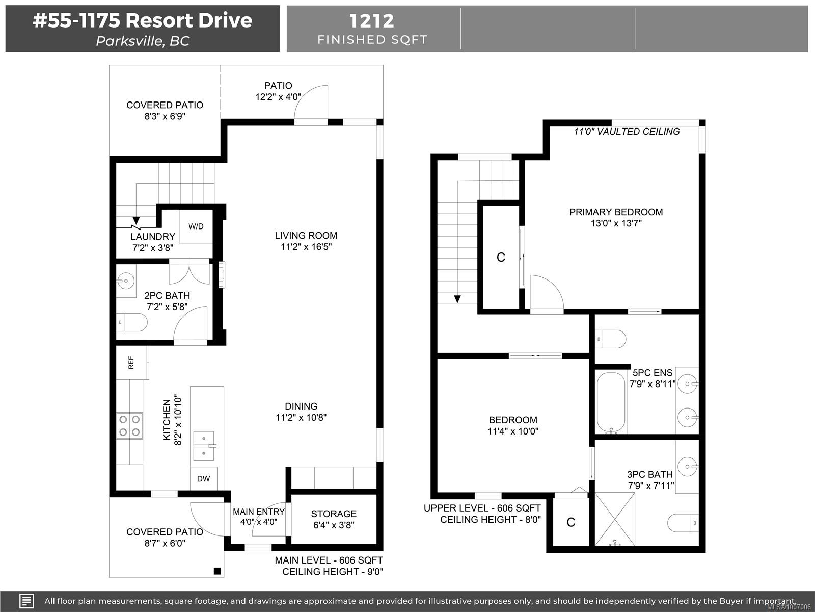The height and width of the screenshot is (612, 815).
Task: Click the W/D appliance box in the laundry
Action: click(196, 226)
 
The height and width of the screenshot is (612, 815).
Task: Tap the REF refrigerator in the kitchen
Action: click(132, 363)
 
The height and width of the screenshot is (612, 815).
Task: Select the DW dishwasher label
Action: click(203, 479)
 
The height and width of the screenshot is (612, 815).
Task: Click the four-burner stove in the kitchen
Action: click(129, 425)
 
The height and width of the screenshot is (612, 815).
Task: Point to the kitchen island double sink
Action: click(204, 446)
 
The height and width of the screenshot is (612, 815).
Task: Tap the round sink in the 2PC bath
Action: click(126, 281)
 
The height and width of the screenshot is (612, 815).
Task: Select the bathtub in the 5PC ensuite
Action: click(611, 403)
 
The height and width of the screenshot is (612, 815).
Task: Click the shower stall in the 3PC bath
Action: click(615, 520)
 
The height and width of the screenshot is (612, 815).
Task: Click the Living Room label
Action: click(306, 235)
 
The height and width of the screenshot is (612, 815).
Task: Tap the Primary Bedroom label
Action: click(616, 212)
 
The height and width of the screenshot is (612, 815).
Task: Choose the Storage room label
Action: click(334, 514)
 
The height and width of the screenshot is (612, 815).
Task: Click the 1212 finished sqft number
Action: click(372, 21)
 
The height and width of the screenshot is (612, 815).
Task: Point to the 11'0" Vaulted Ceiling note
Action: click(627, 132)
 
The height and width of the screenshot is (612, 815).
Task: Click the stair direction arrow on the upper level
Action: click(457, 299)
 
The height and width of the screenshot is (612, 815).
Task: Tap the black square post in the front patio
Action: click(218, 571)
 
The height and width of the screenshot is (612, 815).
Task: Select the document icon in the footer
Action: click(26, 601)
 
